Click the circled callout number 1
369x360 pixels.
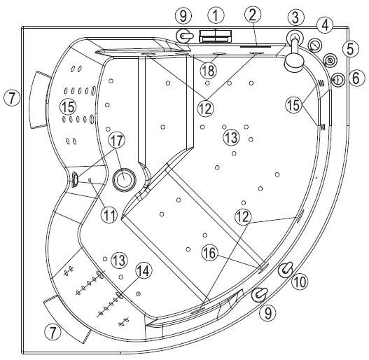[216, 15]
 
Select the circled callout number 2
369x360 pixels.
[253, 15]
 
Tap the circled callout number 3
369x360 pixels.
[295, 18]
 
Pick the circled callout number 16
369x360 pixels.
[209, 253]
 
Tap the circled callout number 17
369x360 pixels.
[116, 140]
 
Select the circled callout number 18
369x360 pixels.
[209, 70]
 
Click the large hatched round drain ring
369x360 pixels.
[124, 180]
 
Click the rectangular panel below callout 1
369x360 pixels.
[216, 36]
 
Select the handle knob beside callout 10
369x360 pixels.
[286, 270]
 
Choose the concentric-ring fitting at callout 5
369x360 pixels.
[330, 60]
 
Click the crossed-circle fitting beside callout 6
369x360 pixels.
[338, 79]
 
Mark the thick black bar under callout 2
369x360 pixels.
[256, 46]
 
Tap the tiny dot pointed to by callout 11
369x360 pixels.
[90, 180]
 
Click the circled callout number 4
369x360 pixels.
[325, 25]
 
